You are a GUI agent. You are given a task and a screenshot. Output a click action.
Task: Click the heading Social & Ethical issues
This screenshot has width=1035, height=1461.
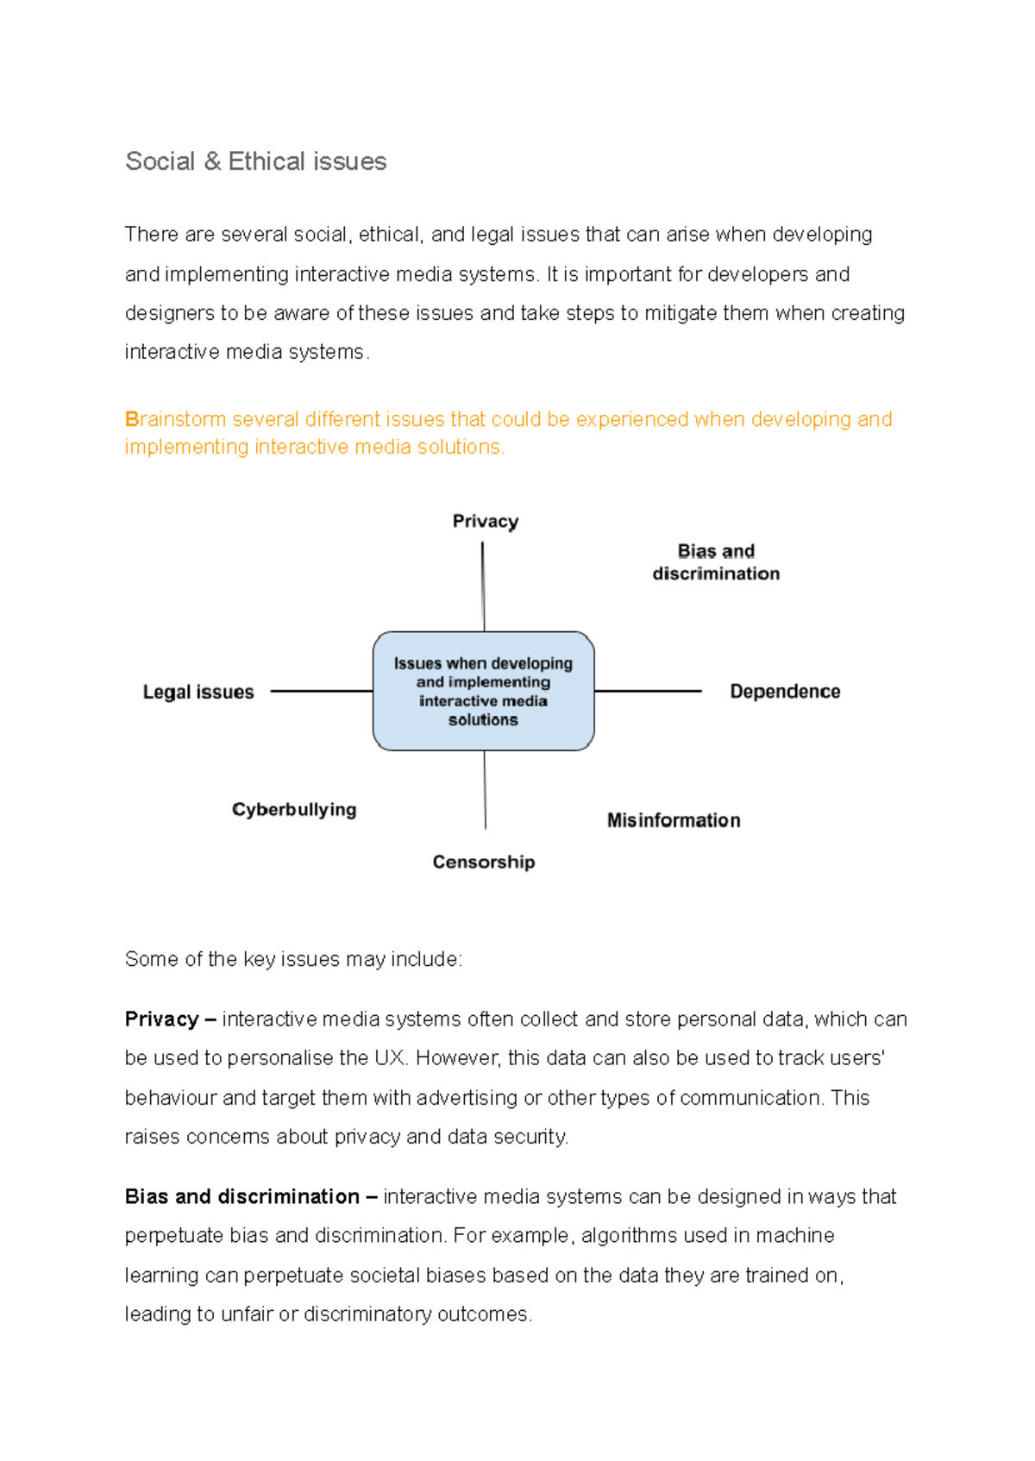(x=255, y=161)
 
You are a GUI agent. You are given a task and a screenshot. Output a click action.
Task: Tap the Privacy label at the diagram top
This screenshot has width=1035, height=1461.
(x=485, y=521)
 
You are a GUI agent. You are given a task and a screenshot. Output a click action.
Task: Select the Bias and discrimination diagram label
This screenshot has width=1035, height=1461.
(x=715, y=562)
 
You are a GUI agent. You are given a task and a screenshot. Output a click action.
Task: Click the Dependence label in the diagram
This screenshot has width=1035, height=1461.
(x=784, y=691)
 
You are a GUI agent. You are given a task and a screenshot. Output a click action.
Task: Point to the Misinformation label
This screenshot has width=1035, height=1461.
(x=673, y=820)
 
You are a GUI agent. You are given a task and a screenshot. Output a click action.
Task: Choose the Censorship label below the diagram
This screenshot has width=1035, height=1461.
(x=483, y=862)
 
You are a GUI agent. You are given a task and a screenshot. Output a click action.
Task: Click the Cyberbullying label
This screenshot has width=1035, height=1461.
(x=293, y=809)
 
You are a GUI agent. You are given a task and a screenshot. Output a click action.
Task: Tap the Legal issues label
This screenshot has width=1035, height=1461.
(x=198, y=692)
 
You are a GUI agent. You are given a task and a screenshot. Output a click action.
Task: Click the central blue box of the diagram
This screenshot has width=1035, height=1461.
(x=483, y=691)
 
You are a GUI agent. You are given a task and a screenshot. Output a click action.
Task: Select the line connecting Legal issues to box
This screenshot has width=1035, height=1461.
(x=321, y=691)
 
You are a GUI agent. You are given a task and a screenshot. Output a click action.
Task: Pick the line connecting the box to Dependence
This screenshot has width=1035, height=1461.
(x=647, y=691)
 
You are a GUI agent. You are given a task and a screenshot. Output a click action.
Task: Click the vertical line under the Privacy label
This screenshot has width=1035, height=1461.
(x=483, y=586)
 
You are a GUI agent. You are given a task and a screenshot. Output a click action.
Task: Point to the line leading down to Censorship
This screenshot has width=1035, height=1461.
(x=485, y=789)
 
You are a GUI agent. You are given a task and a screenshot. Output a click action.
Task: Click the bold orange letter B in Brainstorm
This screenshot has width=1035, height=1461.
(x=131, y=419)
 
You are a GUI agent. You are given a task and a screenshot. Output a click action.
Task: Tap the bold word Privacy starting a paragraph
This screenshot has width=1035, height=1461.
(x=161, y=1019)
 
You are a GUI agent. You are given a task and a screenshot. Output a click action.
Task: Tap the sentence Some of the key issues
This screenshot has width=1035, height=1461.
(x=293, y=959)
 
